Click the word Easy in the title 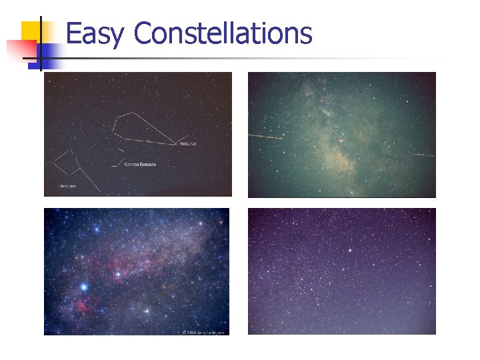click(94, 33)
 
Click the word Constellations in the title click(223, 33)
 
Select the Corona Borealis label click(140, 164)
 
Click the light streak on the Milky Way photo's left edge click(265, 137)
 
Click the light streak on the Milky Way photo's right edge click(421, 155)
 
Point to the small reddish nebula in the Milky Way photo click(341, 141)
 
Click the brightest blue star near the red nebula click(84, 287)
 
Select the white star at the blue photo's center click(119, 274)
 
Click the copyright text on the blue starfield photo click(202, 331)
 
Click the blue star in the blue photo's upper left click(97, 229)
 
